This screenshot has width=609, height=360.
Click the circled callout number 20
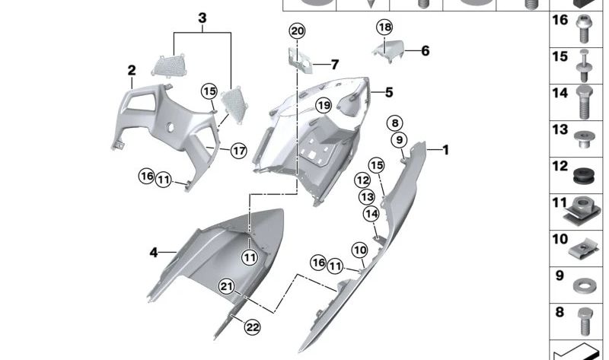tap(297, 31)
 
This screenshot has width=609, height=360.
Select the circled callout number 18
tap(384, 27)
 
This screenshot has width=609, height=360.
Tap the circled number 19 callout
tap(324, 105)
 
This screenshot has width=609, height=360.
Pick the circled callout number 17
tap(239, 150)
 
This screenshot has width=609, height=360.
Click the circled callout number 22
tap(253, 327)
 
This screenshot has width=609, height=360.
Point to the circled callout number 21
tap(226, 287)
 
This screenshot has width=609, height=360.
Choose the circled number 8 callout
tap(395, 123)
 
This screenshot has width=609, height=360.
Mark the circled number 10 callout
tap(359, 250)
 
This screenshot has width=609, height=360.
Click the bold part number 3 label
tap(202, 18)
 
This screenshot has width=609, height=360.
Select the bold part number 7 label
tap(335, 65)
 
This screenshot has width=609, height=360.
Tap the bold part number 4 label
tap(154, 253)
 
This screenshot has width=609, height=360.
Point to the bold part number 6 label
tap(426, 51)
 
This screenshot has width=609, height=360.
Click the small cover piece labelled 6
tap(388, 51)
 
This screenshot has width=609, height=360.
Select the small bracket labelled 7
tap(300, 60)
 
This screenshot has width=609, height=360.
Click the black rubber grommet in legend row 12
tap(584, 177)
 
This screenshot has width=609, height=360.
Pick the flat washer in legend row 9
tap(582, 286)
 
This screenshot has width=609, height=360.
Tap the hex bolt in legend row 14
tap(583, 102)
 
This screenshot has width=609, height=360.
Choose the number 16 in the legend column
tap(560, 20)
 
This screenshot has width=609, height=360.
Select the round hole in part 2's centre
tap(170, 128)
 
